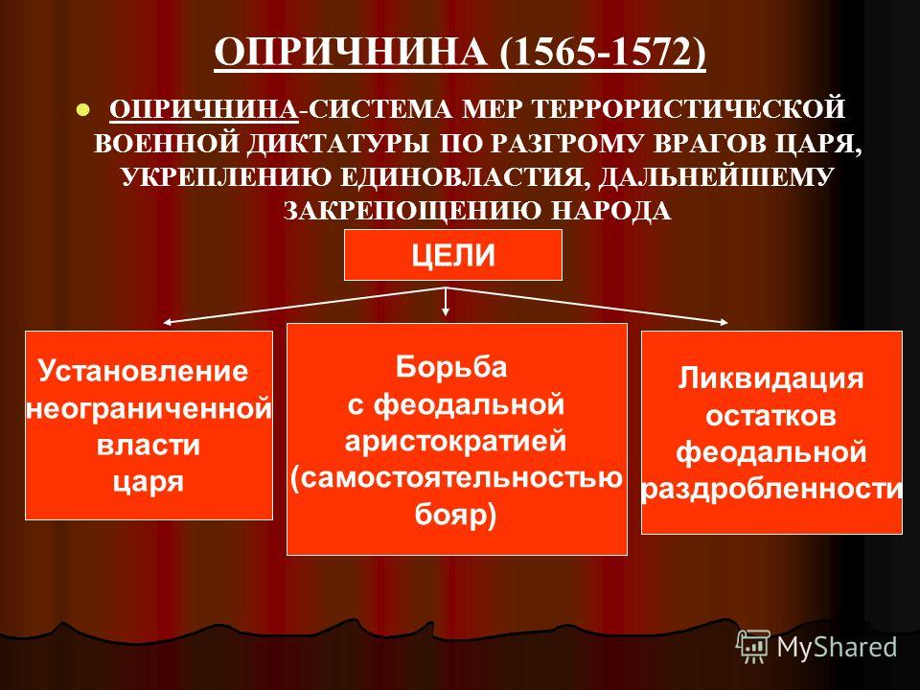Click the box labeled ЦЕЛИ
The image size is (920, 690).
453,255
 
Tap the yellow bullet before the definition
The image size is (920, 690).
83,109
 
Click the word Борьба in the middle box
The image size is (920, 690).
451,367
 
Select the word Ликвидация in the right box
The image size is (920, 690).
770,379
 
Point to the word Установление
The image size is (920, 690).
143,371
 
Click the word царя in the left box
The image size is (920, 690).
148,482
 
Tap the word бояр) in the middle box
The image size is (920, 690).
456,516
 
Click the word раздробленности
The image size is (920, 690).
771,489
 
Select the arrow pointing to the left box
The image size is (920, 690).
305,305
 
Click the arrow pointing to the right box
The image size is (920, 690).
587,305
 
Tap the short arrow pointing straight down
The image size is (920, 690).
447,302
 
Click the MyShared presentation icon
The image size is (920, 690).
753,647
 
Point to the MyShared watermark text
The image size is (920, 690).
837,647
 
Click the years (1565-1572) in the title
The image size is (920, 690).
603,52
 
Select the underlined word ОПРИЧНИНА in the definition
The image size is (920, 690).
203,109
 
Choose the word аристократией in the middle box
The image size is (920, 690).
456,441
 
